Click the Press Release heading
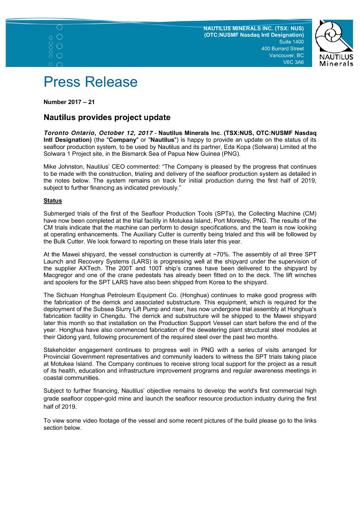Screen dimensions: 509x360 [x=91, y=82]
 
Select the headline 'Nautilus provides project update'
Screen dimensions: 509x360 [x=107, y=117]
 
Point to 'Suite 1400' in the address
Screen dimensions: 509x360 [x=291, y=42]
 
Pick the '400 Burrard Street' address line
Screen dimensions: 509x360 [x=282, y=49]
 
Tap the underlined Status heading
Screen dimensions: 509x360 [x=53, y=201]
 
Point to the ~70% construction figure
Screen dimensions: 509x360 [x=221, y=254]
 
